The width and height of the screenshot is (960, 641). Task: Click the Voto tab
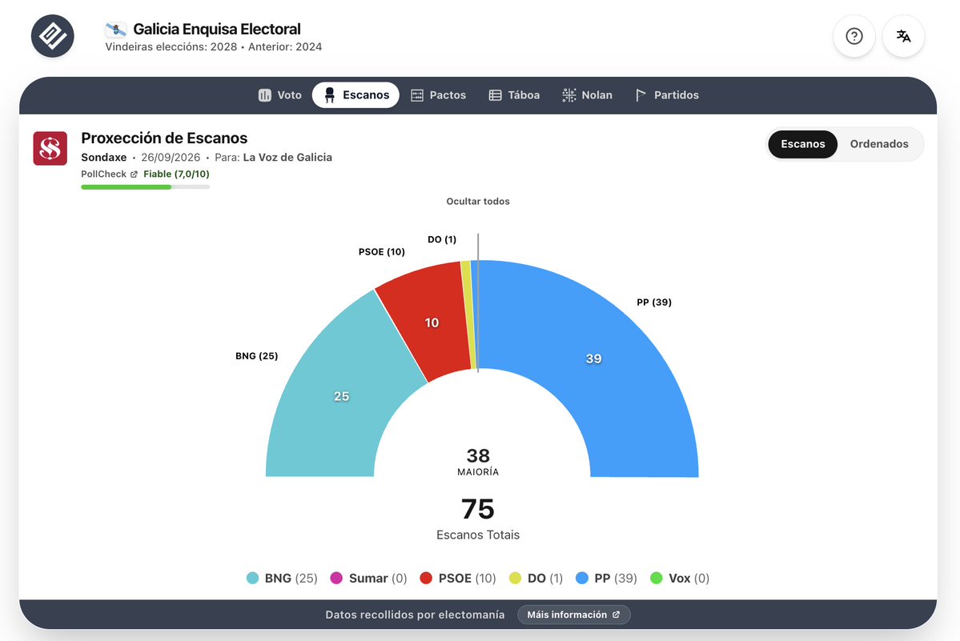click(x=280, y=94)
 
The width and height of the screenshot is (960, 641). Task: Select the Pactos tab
click(x=439, y=94)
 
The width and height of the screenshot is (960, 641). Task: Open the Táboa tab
click(x=514, y=94)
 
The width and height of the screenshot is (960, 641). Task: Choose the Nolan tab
click(x=587, y=94)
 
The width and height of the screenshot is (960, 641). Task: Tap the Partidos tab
click(x=667, y=94)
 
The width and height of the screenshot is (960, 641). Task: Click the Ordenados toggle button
click(x=879, y=144)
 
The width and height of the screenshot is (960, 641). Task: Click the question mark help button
click(x=854, y=36)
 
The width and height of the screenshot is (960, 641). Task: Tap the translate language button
click(x=904, y=36)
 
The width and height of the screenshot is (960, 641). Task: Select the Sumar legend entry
click(x=368, y=578)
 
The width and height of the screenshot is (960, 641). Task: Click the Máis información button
click(x=573, y=615)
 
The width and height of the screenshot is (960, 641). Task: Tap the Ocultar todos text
click(x=477, y=201)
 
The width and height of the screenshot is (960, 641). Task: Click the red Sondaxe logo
click(x=50, y=148)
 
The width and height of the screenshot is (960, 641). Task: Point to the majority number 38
click(x=478, y=455)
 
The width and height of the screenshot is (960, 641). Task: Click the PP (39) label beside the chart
click(x=654, y=302)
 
